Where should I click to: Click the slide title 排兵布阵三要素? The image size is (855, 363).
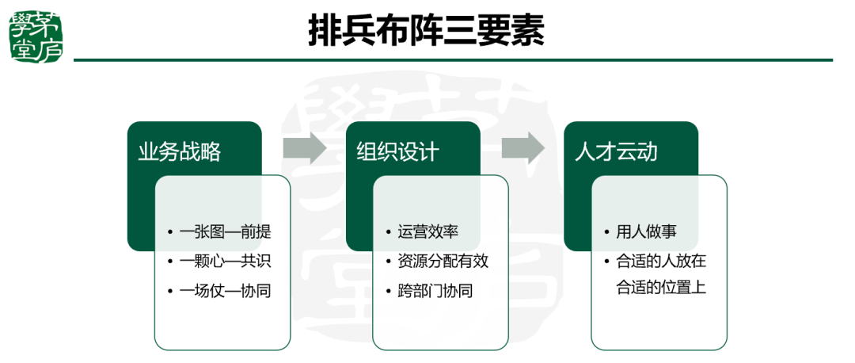click(x=427, y=32)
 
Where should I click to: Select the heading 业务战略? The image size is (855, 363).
click(x=180, y=151)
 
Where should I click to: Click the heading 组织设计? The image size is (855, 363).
click(x=397, y=151)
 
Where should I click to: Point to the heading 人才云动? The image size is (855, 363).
click(x=616, y=151)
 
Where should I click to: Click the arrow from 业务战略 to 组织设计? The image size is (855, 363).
click(x=305, y=147)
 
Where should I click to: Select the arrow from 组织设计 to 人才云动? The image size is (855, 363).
click(x=522, y=147)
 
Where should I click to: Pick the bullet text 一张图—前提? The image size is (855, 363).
click(x=225, y=232)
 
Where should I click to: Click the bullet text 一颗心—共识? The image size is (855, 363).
click(x=225, y=262)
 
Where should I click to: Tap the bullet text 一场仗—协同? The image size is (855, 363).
click(x=225, y=291)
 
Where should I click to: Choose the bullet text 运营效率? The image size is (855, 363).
click(x=427, y=232)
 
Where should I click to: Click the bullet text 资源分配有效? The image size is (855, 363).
click(x=443, y=262)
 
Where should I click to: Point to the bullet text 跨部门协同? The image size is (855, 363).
click(x=435, y=291)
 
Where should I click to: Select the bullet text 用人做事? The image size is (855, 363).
click(x=646, y=232)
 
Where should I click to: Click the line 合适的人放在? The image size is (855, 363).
click(x=661, y=261)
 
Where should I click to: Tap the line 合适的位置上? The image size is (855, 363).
click(x=661, y=287)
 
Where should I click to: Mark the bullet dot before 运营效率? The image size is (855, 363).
click(x=389, y=233)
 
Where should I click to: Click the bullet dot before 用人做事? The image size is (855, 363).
click(x=606, y=233)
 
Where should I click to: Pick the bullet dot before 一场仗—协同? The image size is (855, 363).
click(x=170, y=292)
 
